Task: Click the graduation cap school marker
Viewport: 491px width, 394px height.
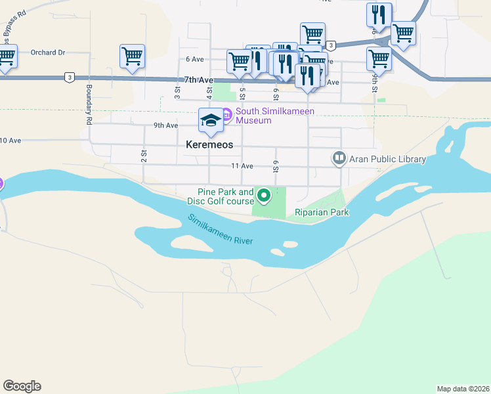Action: coord(211,120)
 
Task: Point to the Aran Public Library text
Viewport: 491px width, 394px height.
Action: coord(387,159)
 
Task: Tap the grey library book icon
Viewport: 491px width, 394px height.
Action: coord(339,158)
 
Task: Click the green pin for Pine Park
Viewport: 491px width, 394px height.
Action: coord(264,195)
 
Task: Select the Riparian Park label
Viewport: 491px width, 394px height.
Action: coord(321,212)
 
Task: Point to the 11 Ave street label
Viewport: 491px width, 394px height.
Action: coord(242,166)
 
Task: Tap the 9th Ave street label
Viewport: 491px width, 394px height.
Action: coord(165,125)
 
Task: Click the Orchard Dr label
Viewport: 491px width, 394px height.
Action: coord(48,53)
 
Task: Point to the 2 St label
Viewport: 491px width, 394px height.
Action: coord(143,155)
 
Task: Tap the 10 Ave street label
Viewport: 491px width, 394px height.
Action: coord(11,141)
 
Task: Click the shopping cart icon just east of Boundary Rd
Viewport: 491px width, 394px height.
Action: coord(132,56)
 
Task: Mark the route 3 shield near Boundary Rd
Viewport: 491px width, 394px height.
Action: coord(69,77)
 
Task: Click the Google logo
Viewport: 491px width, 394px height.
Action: coord(22,386)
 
